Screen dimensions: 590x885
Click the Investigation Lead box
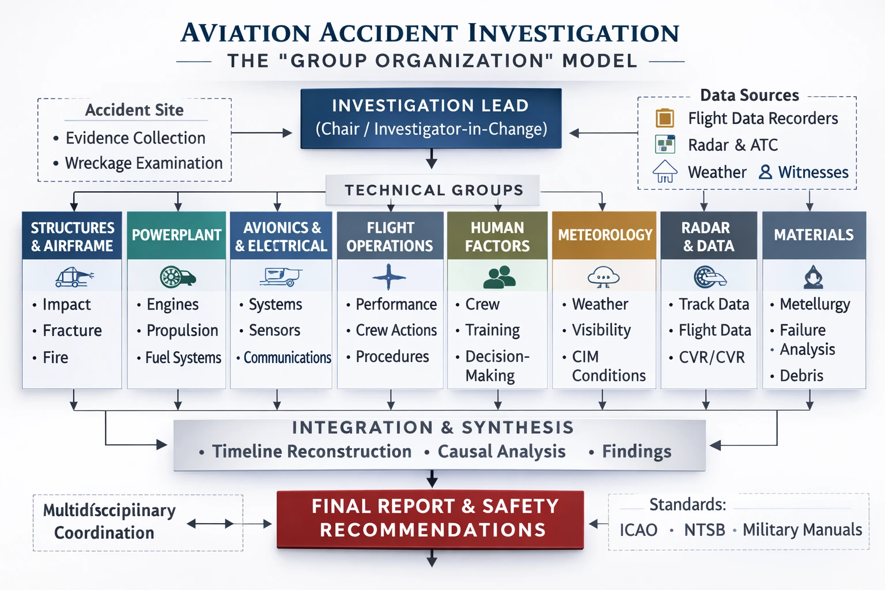(430, 118)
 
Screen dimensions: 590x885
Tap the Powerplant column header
(176, 235)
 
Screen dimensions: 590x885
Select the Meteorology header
(604, 235)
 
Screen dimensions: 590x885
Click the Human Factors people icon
(498, 277)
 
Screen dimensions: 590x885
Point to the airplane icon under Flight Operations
(389, 277)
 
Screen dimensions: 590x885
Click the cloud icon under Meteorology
(603, 277)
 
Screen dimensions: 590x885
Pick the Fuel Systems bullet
(183, 358)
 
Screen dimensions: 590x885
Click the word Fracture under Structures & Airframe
(72, 331)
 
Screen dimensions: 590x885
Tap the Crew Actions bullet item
(396, 330)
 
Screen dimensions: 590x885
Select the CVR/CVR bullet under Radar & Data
(712, 357)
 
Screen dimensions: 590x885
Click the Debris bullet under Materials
(801, 376)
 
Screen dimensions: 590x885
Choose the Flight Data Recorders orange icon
(665, 118)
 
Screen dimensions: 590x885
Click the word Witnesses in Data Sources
(813, 172)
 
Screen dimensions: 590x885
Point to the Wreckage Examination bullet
(143, 163)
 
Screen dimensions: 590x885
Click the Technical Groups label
(433, 190)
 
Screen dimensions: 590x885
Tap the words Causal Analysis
(501, 451)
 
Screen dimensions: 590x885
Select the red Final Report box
(430, 519)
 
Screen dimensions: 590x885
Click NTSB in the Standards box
(704, 530)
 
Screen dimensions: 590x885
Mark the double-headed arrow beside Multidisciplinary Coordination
(210, 524)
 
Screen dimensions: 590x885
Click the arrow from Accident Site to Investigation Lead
(262, 133)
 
